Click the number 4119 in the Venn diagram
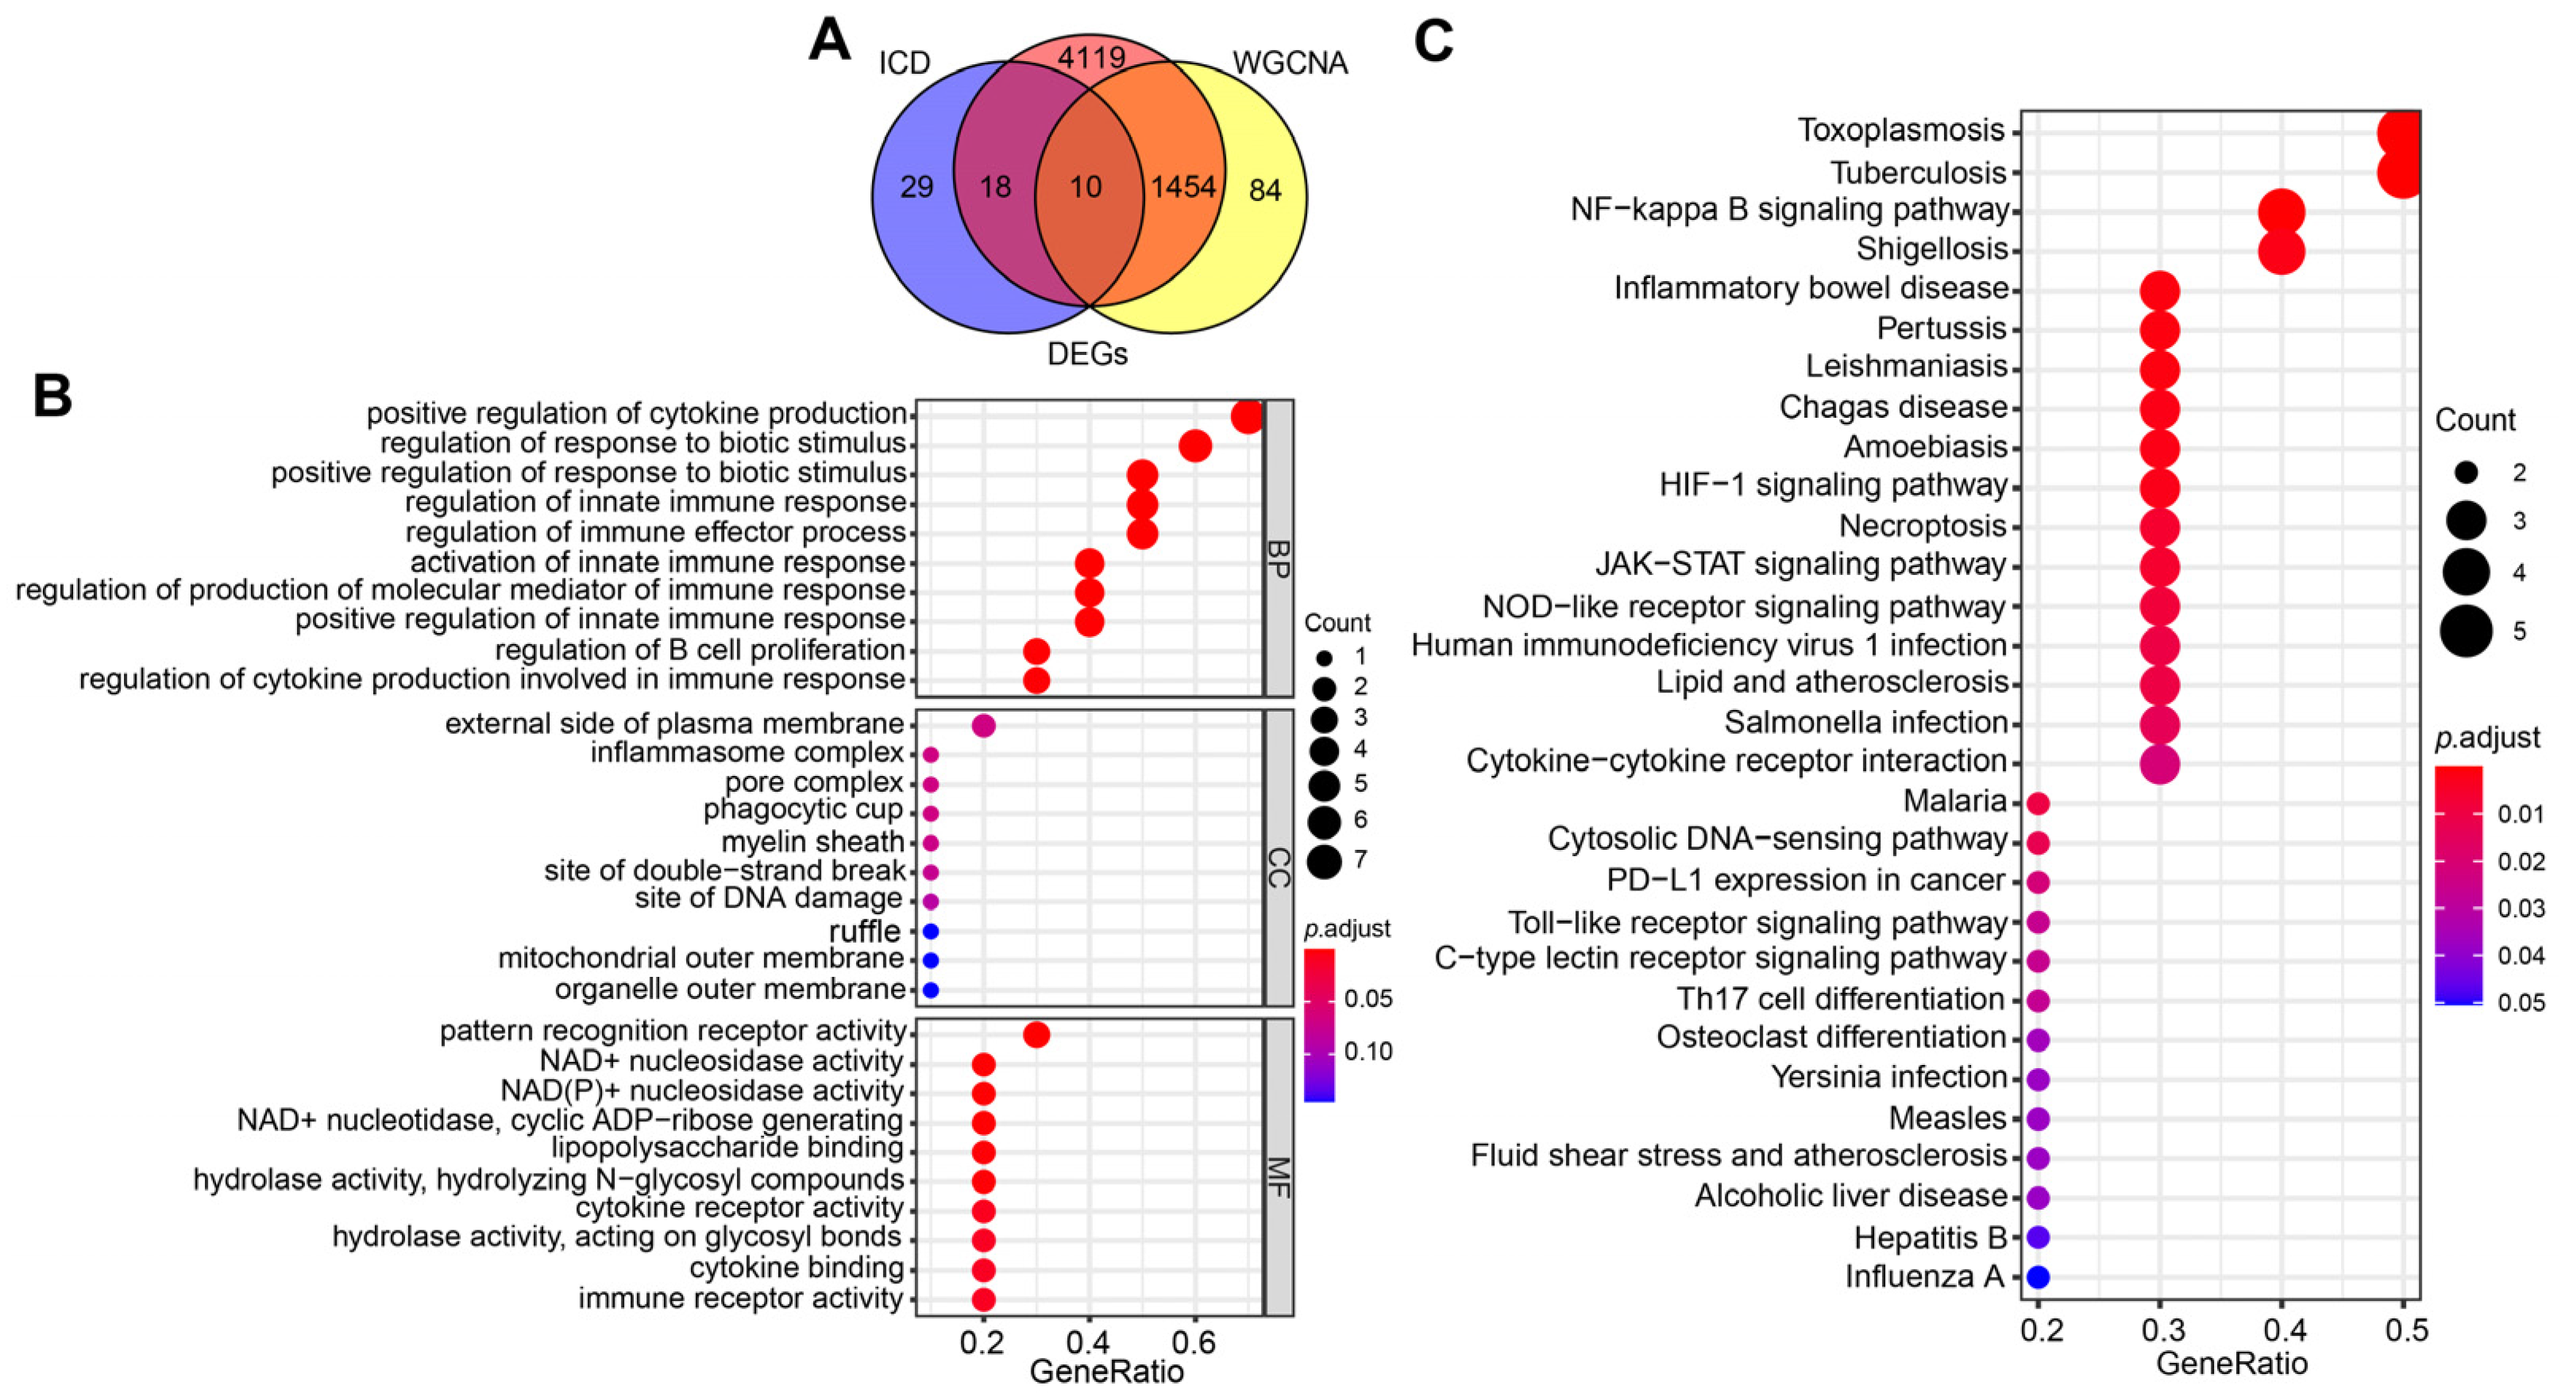coord(1090,59)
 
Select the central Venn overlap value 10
coord(1086,187)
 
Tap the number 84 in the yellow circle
coord(1264,190)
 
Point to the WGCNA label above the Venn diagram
coord(1290,64)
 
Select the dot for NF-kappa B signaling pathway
coord(2281,212)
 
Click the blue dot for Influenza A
coord(2038,1277)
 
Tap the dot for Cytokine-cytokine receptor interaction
coord(2158,764)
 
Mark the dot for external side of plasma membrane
coord(983,726)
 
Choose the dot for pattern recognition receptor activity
coord(1036,1035)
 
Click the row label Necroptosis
coord(1922,526)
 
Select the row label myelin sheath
coord(812,842)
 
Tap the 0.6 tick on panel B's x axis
coord(1194,1343)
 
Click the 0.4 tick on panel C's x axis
coord(2281,1330)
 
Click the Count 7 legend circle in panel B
coord(1325,861)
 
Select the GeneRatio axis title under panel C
coord(2231,1363)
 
